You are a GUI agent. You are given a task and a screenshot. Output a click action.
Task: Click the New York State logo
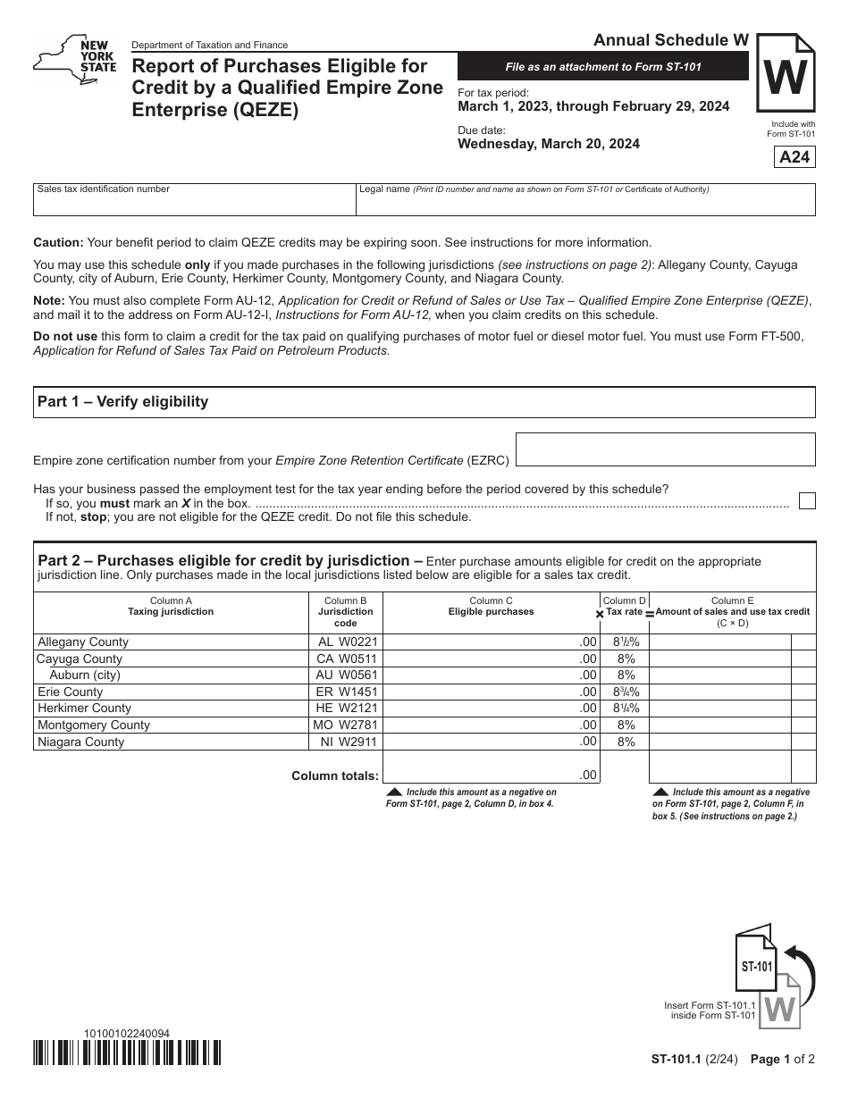pyautogui.click(x=75, y=62)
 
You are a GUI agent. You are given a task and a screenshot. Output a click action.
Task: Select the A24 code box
pyautogui.click(x=794, y=157)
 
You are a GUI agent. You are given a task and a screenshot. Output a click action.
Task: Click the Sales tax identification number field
pyautogui.click(x=194, y=200)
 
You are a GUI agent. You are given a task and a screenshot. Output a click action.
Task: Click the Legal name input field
pyautogui.click(x=585, y=200)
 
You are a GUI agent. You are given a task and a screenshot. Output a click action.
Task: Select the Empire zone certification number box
pyautogui.click(x=666, y=449)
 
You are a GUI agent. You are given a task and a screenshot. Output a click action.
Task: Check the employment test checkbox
pyautogui.click(x=807, y=500)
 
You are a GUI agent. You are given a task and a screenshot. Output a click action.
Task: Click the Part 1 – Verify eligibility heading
pyautogui.click(x=122, y=402)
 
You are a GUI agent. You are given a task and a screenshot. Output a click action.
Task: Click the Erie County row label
pyautogui.click(x=71, y=692)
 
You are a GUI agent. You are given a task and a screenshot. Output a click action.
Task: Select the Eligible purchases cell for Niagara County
pyautogui.click(x=491, y=742)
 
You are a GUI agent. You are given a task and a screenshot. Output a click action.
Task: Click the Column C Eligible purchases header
pyautogui.click(x=491, y=607)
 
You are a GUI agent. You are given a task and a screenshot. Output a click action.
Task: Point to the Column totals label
pyautogui.click(x=335, y=776)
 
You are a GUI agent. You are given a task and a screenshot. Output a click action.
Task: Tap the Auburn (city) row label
pyautogui.click(x=85, y=675)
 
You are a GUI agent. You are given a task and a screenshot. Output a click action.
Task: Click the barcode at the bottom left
pyautogui.click(x=127, y=1054)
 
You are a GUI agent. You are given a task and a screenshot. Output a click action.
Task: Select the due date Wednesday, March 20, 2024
pyautogui.click(x=549, y=144)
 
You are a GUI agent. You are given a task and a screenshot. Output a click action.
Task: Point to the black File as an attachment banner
pyautogui.click(x=603, y=67)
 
